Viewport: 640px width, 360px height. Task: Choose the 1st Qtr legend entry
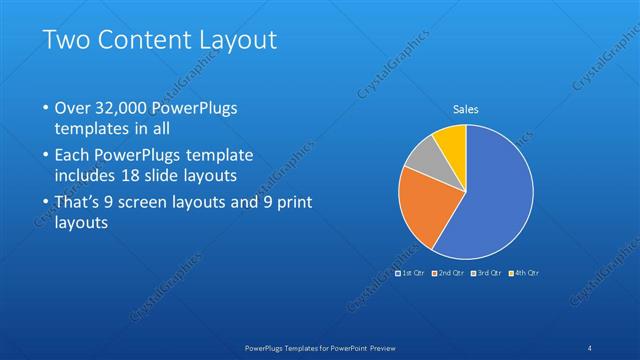tap(411, 272)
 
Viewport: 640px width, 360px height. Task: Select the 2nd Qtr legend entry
tap(448, 272)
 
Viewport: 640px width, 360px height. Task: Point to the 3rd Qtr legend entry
tap(486, 272)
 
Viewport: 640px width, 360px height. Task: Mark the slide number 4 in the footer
tap(589, 347)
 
